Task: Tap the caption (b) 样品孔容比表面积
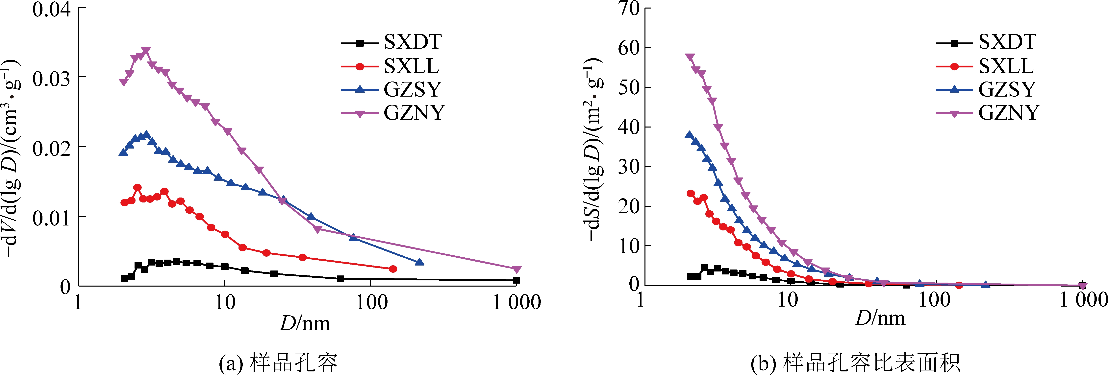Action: (x=855, y=363)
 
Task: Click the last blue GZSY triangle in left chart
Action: (x=419, y=262)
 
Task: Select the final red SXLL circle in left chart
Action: (x=393, y=269)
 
